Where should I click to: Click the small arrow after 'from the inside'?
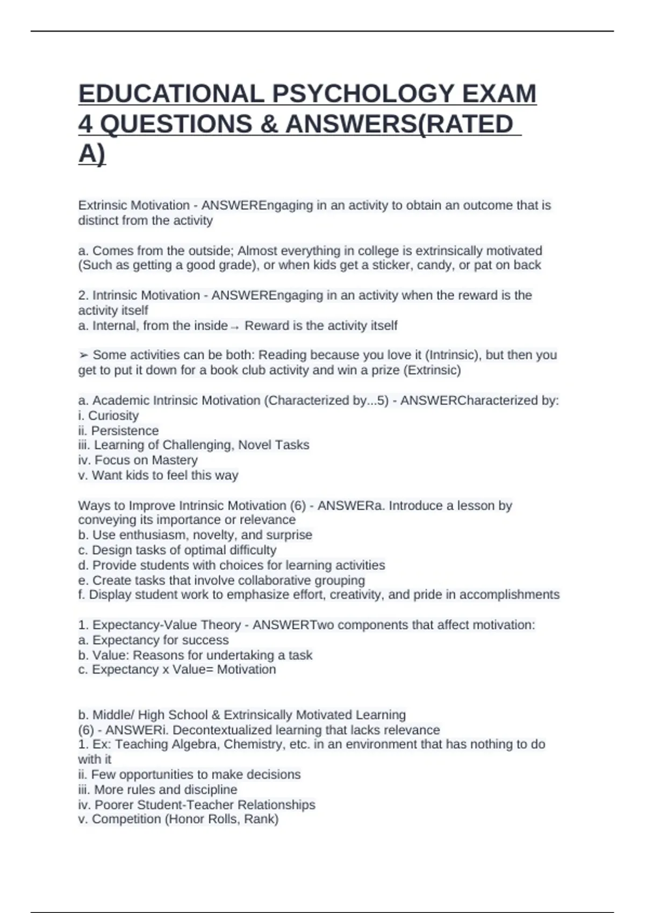pos(234,327)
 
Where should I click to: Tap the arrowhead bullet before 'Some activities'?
pos(83,356)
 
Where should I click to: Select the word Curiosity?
pos(113,416)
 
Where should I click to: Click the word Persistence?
pos(125,431)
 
